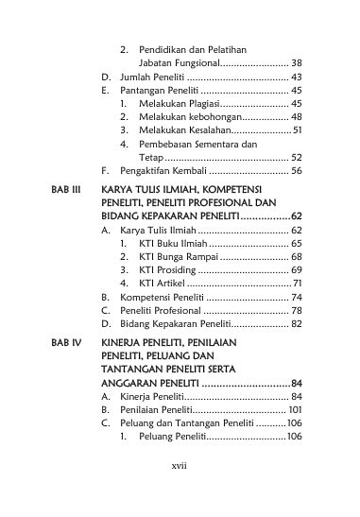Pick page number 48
tap(297, 116)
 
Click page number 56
tap(297, 172)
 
